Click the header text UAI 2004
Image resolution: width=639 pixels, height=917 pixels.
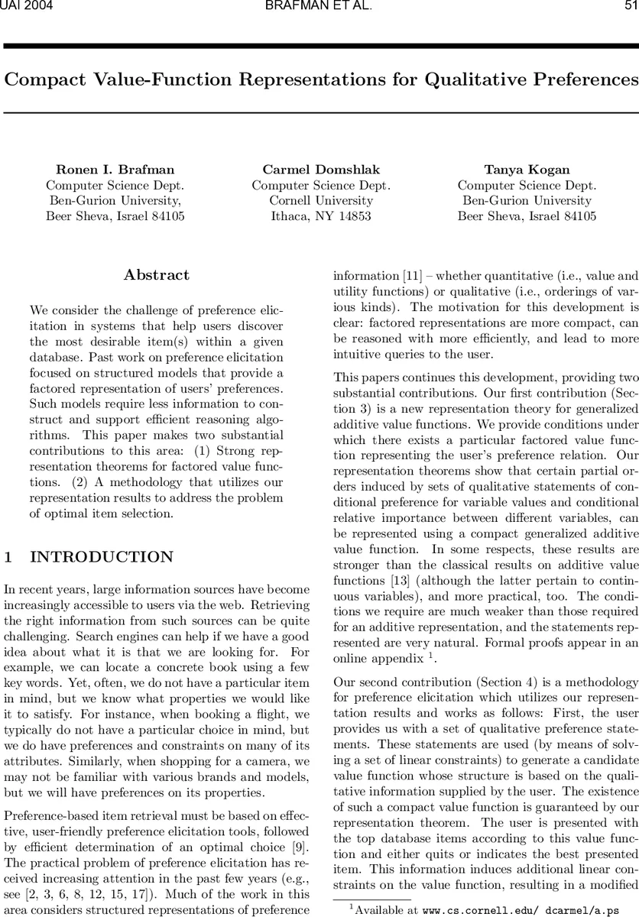click(x=22, y=7)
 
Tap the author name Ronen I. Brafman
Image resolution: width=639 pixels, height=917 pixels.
click(x=115, y=170)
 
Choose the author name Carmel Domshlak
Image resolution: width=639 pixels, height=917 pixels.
click(x=321, y=170)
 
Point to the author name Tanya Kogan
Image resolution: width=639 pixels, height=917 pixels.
click(x=527, y=170)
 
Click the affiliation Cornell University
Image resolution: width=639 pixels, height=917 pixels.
click(x=321, y=200)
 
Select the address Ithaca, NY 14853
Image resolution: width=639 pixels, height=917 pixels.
click(x=321, y=216)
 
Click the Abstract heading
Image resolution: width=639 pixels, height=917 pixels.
click(x=157, y=275)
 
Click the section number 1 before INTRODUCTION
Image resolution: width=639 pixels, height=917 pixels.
click(x=8, y=557)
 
